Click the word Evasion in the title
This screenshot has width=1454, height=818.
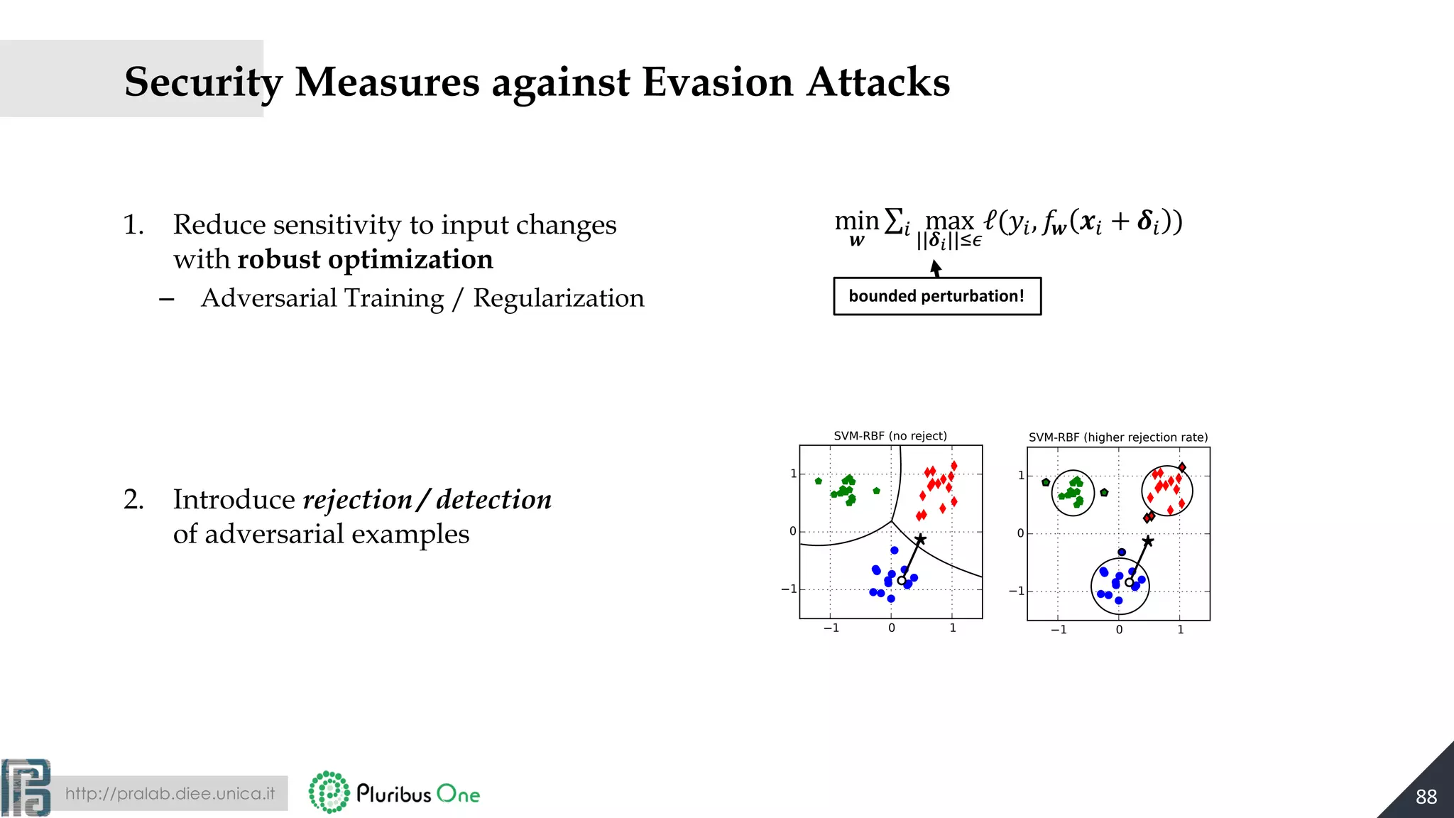(717, 82)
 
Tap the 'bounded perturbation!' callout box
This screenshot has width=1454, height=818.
(936, 296)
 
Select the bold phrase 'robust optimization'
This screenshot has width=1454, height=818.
(365, 259)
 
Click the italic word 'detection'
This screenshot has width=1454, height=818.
(494, 499)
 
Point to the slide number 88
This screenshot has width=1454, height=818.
(1426, 797)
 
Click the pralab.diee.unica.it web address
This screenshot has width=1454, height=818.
(170, 793)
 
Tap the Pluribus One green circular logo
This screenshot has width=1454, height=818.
(329, 792)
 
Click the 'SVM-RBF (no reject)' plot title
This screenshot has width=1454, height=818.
(890, 435)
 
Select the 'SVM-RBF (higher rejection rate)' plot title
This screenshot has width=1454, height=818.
(1117, 437)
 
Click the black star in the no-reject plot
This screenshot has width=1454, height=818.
(920, 540)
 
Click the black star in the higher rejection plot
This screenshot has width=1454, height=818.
(1147, 542)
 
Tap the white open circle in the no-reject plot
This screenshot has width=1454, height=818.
(902, 580)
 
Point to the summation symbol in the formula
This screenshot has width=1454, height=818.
(893, 221)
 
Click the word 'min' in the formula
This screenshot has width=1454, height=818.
(856, 221)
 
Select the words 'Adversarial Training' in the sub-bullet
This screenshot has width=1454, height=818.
(322, 298)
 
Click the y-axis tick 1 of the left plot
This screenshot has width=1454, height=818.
(793, 474)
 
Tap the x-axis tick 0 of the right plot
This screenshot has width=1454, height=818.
(1119, 630)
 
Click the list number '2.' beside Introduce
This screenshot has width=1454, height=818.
(133, 499)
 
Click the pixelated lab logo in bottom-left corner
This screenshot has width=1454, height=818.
(26, 787)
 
